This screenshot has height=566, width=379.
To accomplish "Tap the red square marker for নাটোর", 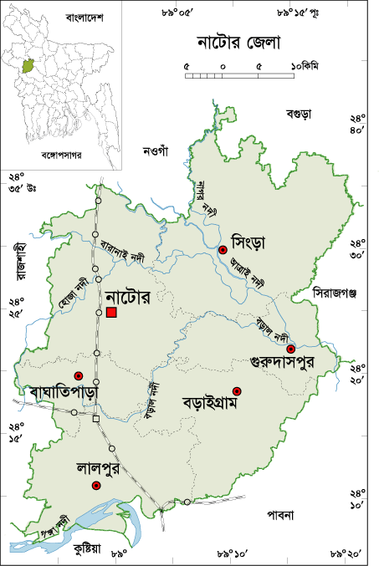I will tap(111, 312).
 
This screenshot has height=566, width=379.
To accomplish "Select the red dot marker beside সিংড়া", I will tap(223, 250).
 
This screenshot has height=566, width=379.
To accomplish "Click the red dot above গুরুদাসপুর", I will tap(290, 349).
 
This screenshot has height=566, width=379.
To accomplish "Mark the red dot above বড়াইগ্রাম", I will tap(237, 390).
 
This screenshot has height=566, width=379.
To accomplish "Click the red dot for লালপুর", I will tap(96, 485).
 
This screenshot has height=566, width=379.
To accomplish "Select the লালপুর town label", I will tap(98, 468).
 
